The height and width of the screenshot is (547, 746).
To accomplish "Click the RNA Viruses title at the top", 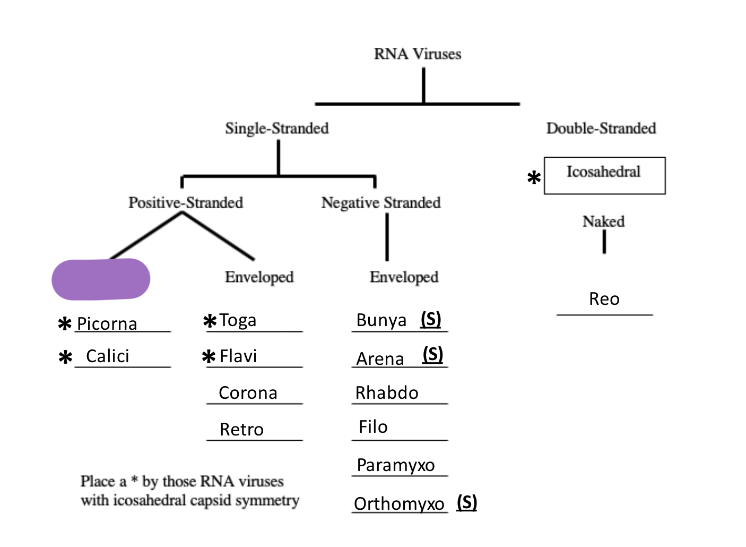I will pyautogui.click(x=418, y=54).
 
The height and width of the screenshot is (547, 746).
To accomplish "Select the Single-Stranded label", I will pyautogui.click(x=276, y=128).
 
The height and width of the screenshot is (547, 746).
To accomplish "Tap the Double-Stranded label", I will pyautogui.click(x=601, y=128).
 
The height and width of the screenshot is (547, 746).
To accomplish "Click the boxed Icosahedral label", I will pyautogui.click(x=604, y=172).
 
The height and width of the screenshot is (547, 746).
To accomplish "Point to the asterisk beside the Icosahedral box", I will pyautogui.click(x=534, y=178).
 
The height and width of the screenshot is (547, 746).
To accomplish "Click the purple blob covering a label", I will pyautogui.click(x=101, y=279).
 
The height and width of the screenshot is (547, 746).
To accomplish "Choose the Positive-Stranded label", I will pyautogui.click(x=186, y=202).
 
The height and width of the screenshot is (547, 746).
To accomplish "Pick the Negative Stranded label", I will pyautogui.click(x=381, y=202).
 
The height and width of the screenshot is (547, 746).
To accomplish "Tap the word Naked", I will pyautogui.click(x=603, y=221).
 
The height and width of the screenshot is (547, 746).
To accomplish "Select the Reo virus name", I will pyautogui.click(x=604, y=299).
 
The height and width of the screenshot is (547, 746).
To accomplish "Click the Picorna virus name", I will pyautogui.click(x=107, y=324).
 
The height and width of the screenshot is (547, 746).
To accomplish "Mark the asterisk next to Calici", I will pyautogui.click(x=65, y=357).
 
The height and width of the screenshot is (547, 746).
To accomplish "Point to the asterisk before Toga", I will pyautogui.click(x=210, y=321).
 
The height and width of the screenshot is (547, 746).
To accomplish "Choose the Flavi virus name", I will pyautogui.click(x=238, y=356).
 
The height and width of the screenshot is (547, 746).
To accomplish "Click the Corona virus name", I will pyautogui.click(x=248, y=393).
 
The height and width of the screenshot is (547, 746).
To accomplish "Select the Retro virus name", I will pyautogui.click(x=241, y=429).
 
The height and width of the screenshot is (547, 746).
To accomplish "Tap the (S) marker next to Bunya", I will pyautogui.click(x=431, y=319).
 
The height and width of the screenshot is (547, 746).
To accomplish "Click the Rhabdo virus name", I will pyautogui.click(x=387, y=393).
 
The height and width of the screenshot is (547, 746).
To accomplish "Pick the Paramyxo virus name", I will pyautogui.click(x=396, y=465).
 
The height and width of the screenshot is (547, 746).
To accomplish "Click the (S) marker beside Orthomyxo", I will pyautogui.click(x=467, y=502).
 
